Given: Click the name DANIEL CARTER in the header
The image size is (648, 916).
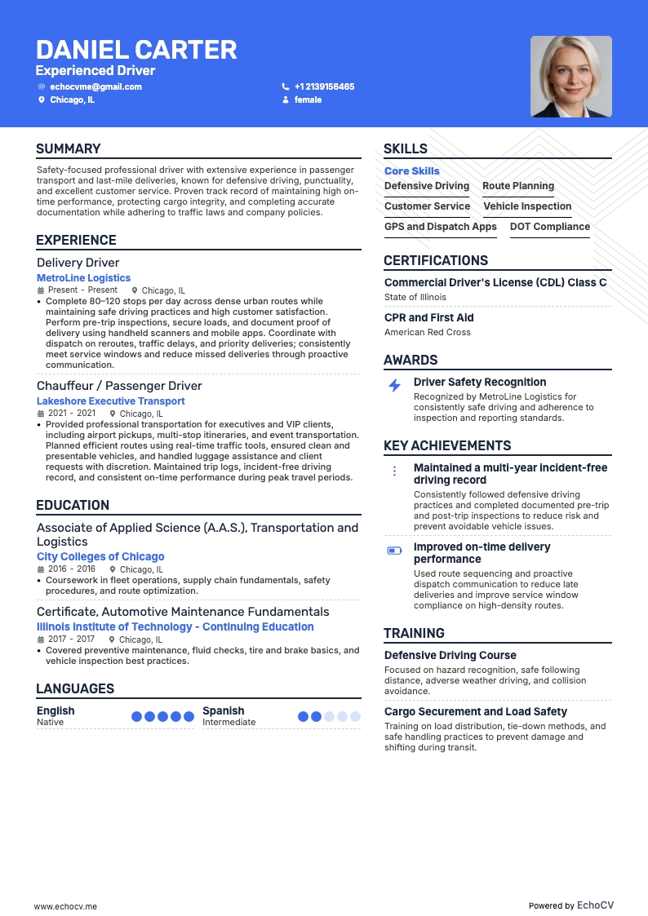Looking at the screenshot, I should click(136, 51).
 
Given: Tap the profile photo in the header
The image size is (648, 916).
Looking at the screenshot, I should click(570, 77).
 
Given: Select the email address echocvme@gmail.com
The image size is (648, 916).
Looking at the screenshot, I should click(95, 86).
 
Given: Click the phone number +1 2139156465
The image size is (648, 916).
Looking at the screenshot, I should click(324, 86).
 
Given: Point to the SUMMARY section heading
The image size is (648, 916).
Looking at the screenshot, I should click(69, 148).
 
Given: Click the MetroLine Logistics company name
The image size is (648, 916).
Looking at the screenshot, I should click(83, 278).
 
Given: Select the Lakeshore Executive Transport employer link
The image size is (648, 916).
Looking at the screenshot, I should click(111, 401).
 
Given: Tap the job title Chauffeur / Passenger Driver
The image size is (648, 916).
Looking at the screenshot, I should click(119, 386).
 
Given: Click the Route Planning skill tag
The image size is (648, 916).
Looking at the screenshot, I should click(518, 186).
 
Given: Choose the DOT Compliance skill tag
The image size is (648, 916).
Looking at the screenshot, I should click(550, 227).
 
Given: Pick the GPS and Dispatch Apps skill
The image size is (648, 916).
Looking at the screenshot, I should click(441, 227).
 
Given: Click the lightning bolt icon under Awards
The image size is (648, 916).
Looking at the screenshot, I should click(394, 386).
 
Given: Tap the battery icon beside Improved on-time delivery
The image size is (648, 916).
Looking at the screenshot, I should click(394, 551).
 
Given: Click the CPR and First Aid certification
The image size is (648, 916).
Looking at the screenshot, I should click(429, 317).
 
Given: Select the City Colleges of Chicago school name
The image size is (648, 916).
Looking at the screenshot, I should click(100, 556).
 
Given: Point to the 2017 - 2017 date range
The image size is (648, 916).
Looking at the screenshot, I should click(72, 640).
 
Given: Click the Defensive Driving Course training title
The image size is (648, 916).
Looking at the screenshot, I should click(450, 655).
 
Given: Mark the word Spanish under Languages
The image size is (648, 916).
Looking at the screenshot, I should click(224, 710).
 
